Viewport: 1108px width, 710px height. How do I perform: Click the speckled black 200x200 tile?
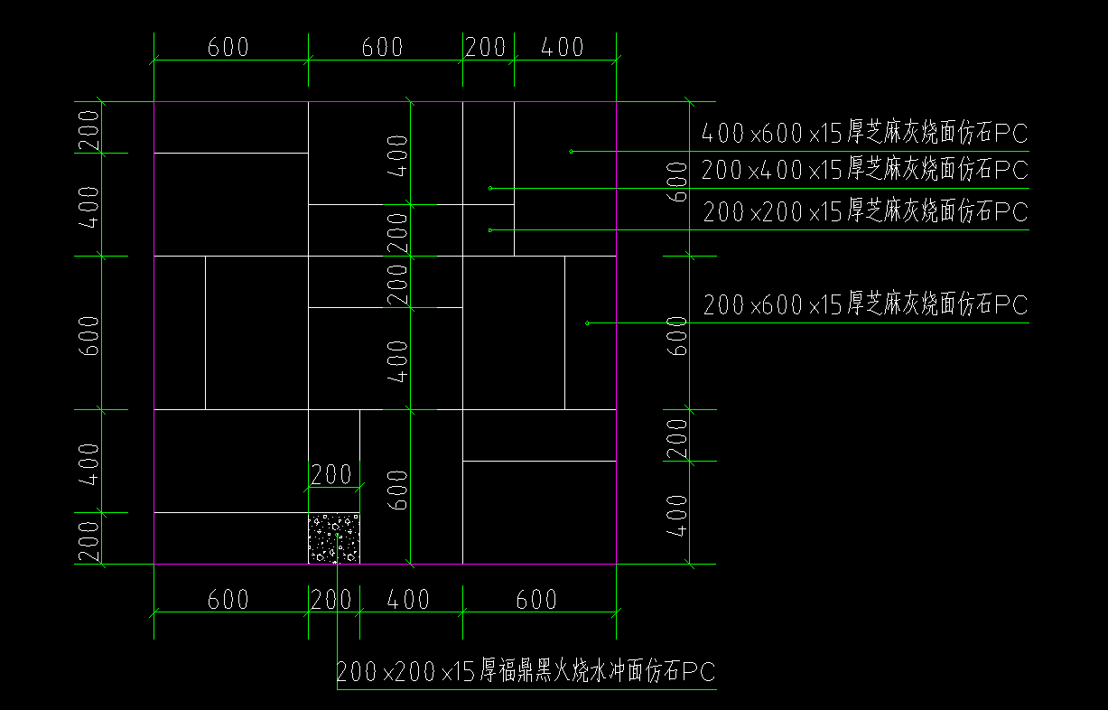coord(334,538)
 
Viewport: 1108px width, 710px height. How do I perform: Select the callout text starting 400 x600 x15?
coord(865,135)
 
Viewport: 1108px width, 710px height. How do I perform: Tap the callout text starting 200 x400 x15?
coord(865,169)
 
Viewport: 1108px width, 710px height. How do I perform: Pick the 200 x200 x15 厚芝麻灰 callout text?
coord(865,212)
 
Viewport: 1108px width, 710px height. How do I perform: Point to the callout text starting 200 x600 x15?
coord(865,305)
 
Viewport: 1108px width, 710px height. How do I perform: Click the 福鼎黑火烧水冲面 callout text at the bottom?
coord(526,671)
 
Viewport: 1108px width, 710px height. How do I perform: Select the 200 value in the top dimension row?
coord(487,48)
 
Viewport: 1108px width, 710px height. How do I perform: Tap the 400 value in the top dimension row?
coord(563,48)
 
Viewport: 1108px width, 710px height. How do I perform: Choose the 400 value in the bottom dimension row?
coord(408,600)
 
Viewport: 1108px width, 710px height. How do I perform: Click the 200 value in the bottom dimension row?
coord(332,600)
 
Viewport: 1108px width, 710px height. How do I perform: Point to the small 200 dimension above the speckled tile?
coord(331,474)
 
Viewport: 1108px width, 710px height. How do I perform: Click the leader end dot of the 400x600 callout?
coord(571,151)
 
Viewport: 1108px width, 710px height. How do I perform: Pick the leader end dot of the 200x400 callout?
coord(490,188)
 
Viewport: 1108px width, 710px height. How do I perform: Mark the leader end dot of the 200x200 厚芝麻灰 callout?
coord(490,230)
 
